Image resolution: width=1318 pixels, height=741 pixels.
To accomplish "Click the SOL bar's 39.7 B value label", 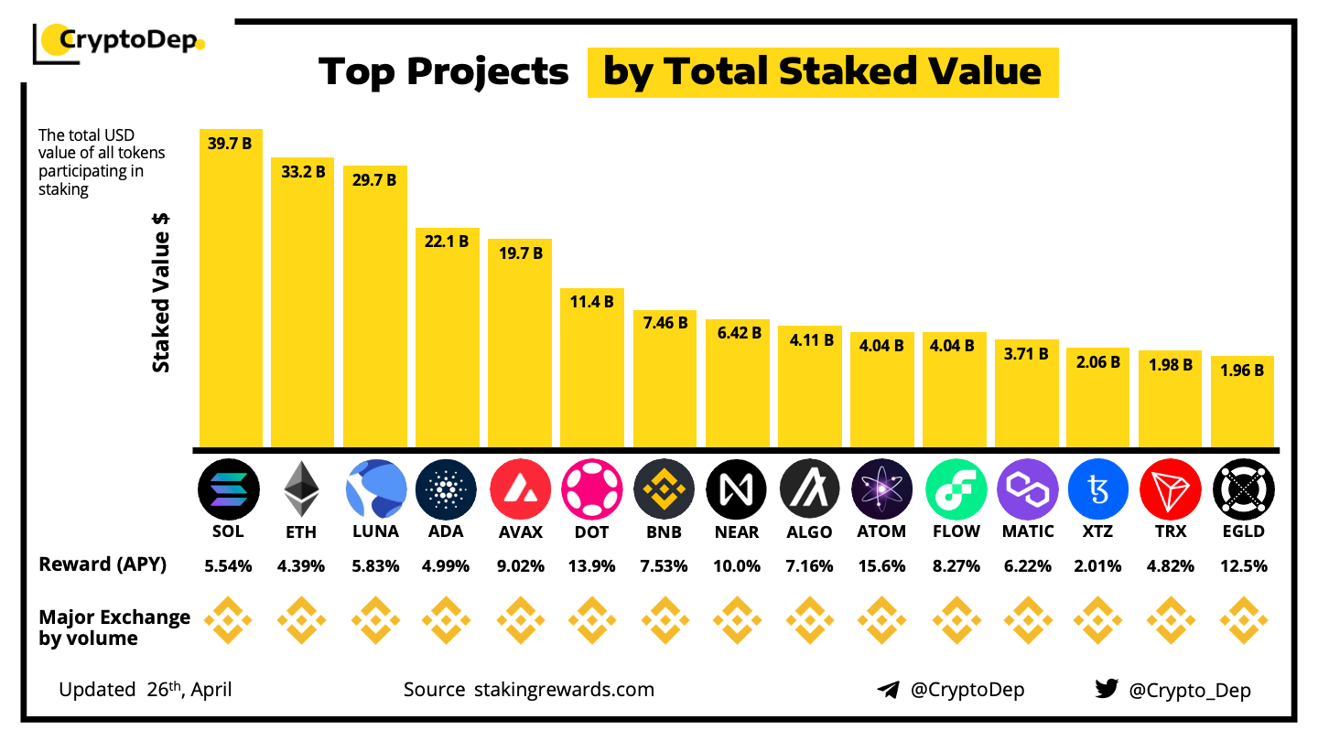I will (230, 144).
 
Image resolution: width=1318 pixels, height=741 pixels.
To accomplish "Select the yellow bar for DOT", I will (592, 375).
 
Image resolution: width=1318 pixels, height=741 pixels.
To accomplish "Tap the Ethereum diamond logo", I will (302, 489).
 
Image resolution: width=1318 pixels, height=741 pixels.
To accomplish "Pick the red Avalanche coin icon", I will (520, 489).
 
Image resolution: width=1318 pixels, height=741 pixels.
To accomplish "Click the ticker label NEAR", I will (737, 532).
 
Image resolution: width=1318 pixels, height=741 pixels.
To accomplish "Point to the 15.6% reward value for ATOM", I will (882, 566).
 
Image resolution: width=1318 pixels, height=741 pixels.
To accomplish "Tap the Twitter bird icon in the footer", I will (1107, 689).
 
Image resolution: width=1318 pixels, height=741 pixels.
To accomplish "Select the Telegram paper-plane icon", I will (888, 690).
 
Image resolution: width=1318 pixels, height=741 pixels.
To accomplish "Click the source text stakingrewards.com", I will (564, 689).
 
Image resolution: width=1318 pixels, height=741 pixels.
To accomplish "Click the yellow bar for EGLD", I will (1243, 407).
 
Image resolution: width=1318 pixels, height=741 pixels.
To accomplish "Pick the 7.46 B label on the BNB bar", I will (664, 324).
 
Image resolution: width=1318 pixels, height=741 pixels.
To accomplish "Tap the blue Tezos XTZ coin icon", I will (1098, 489).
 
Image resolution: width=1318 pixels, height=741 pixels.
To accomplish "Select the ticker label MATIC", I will (1027, 532).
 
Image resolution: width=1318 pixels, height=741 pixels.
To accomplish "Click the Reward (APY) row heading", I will (103, 564).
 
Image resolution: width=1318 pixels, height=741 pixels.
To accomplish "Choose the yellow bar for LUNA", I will (375, 311).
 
